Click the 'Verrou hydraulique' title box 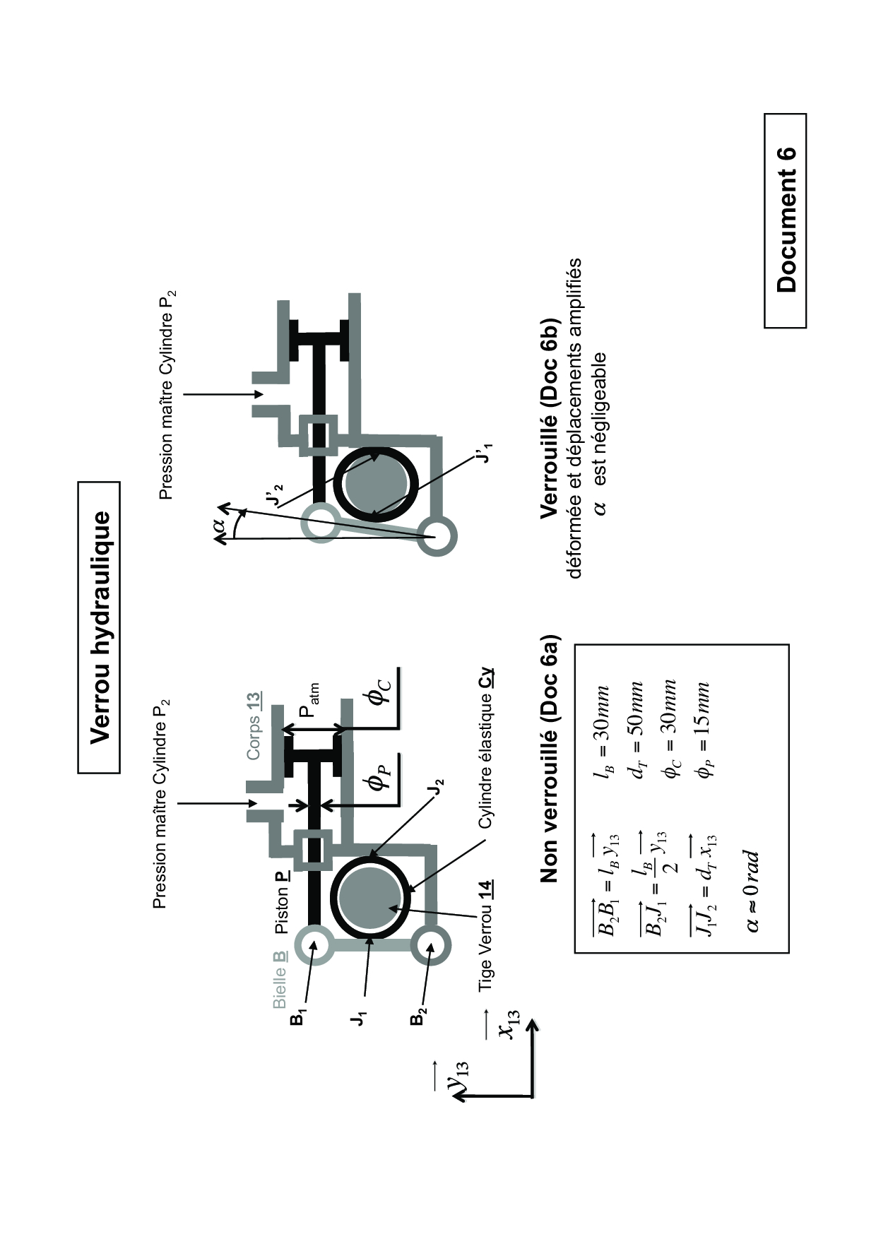pyautogui.click(x=99, y=627)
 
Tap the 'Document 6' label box pyautogui.click(x=785, y=220)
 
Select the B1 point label pyautogui.click(x=300, y=1018)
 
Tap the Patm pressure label pyautogui.click(x=309, y=701)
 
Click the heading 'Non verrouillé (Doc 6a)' pyautogui.click(x=548, y=759)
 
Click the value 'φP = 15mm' pyautogui.click(x=702, y=730)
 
